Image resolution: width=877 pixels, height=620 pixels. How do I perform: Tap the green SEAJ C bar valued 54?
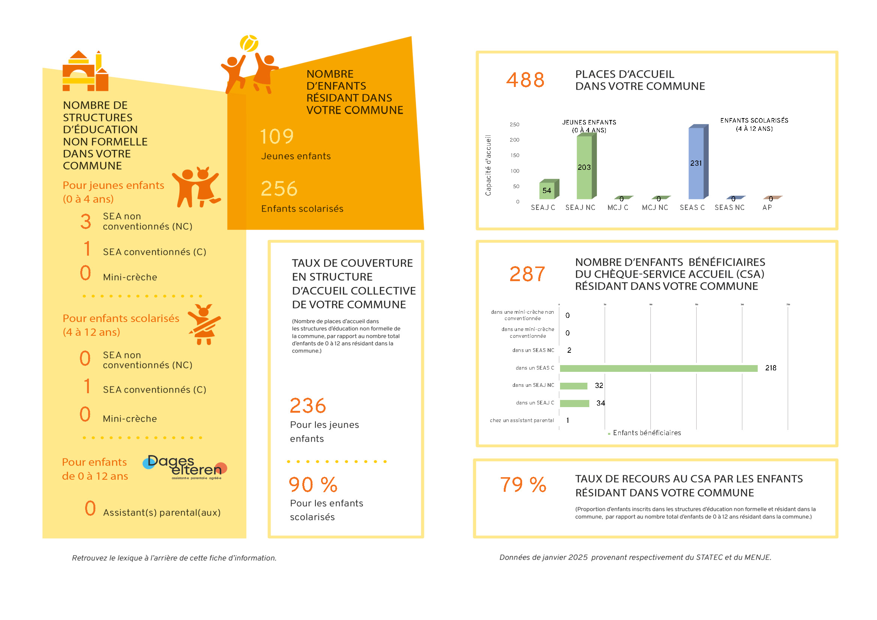coord(547,190)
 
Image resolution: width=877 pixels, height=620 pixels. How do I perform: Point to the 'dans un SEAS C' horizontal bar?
coord(659,368)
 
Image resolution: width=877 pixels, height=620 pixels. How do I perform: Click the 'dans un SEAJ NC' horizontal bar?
coord(573,386)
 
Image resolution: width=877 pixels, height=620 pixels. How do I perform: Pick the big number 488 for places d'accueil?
coord(525,80)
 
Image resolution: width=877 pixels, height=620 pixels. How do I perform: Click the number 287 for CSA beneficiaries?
coord(527,274)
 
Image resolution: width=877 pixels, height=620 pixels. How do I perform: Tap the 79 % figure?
coord(523,484)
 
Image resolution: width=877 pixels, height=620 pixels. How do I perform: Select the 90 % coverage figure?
coord(313,484)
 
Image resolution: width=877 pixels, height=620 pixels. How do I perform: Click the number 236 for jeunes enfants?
coord(308,406)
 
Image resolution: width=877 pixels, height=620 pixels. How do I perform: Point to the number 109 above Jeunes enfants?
coord(277,136)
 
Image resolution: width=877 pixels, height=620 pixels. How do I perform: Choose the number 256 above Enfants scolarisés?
coord(279,189)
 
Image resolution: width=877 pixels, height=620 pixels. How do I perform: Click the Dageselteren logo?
coord(185,467)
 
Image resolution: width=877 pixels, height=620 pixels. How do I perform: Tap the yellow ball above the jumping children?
coord(249,43)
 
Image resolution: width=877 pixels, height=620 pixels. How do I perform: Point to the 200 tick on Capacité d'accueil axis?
coord(514,140)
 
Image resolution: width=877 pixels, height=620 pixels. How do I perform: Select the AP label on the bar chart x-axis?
coord(767,207)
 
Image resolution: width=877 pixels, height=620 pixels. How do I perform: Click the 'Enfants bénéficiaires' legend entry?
coord(646,433)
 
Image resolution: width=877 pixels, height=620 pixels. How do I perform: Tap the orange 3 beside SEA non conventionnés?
coord(86,222)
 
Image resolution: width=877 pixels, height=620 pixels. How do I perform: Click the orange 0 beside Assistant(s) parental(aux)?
coord(90,508)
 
